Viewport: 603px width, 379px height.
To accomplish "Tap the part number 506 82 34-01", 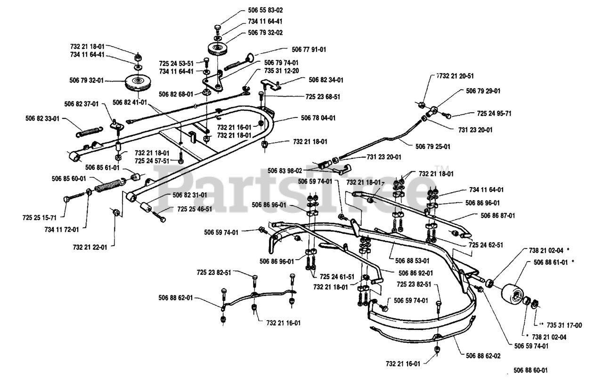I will (x=326, y=80).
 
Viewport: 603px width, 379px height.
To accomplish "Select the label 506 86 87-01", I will (x=497, y=215).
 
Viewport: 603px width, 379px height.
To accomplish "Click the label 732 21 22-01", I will (x=90, y=247).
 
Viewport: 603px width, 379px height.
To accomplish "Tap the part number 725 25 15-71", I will (x=40, y=218).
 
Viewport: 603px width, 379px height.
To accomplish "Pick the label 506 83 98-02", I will (x=284, y=171).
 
